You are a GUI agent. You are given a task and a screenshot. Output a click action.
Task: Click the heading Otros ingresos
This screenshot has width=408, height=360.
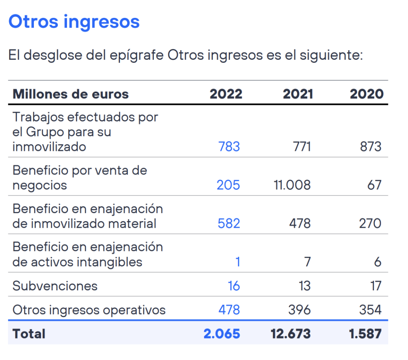point(74,22)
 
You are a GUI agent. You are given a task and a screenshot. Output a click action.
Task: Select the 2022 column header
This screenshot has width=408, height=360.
point(226,94)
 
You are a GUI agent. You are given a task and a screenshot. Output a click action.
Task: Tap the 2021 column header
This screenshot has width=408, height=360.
point(298,94)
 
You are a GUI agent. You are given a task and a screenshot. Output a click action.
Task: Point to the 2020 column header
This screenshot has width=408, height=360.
point(367,94)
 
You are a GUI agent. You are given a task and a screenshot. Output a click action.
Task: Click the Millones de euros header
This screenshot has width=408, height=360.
point(71,94)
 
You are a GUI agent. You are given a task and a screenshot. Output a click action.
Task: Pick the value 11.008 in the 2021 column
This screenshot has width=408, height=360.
point(292,185)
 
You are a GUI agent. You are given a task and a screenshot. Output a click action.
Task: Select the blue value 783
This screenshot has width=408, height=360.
point(229,147)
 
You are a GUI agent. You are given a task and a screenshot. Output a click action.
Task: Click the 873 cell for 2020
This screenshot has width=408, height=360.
point(371,147)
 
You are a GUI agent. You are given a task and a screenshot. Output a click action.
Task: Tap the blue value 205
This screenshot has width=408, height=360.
point(228,185)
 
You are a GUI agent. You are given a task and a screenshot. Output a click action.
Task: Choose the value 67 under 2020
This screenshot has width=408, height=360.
point(374,185)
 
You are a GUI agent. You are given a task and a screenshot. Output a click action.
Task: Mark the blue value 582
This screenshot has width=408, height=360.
point(229,223)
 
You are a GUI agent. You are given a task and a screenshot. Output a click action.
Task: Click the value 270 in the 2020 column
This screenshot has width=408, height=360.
point(370,223)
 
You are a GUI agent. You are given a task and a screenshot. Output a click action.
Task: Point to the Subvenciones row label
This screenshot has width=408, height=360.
point(55,286)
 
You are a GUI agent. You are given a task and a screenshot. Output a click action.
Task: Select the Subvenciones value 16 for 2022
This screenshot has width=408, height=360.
point(233,286)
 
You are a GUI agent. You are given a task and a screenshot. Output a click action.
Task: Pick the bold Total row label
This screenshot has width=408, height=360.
point(29,334)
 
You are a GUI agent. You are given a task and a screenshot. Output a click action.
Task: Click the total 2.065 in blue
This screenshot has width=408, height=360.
point(222,334)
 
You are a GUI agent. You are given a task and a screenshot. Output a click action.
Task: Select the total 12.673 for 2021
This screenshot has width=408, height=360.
point(290,334)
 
